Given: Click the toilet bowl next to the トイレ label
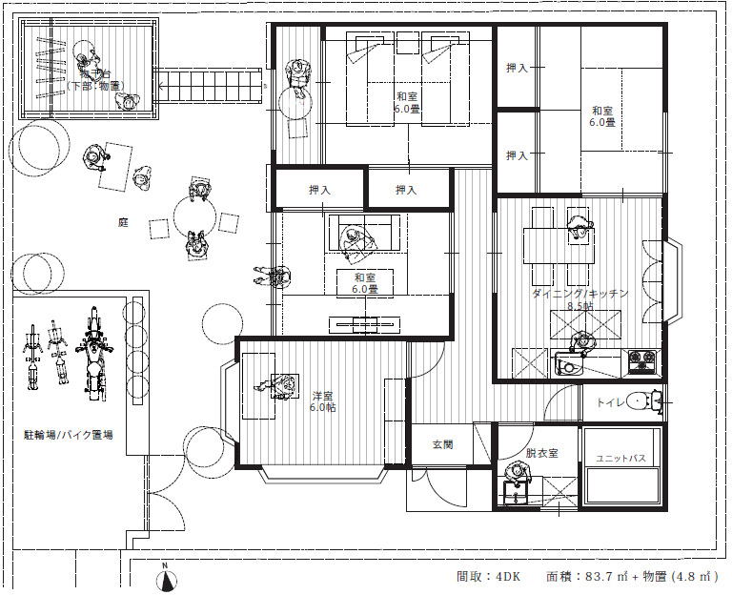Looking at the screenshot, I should (x=651, y=400).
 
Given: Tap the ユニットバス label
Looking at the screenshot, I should (x=620, y=459).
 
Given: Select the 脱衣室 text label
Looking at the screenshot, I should (x=540, y=453).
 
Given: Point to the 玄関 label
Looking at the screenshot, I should (x=442, y=443).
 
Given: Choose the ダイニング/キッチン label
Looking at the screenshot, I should (x=579, y=294).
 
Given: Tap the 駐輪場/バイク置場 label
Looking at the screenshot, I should (x=68, y=435).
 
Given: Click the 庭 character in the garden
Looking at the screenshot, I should (x=123, y=222).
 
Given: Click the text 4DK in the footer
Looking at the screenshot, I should (x=507, y=576).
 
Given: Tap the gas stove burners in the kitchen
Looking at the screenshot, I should (x=639, y=361).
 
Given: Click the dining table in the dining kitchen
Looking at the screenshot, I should (x=554, y=246).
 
